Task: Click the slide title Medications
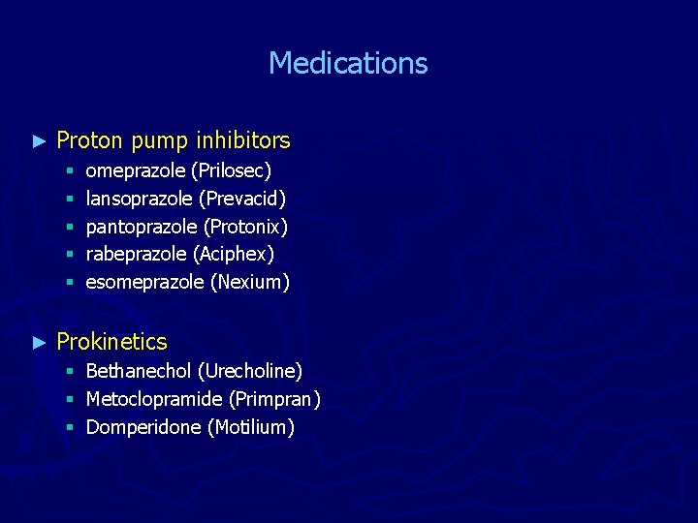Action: point(348,64)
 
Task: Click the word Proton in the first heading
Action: point(90,141)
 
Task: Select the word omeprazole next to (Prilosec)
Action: point(136,171)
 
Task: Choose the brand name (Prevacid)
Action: point(242,199)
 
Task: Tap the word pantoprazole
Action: point(142,227)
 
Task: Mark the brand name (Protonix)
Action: point(245,227)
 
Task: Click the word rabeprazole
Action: point(137,254)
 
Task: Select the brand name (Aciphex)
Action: point(234,254)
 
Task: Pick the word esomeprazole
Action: point(144,282)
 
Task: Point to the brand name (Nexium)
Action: point(250,282)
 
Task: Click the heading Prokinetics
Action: point(111,342)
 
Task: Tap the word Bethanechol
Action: point(139,371)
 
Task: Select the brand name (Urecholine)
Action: point(250,371)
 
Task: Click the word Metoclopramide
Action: point(154,399)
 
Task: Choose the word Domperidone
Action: point(143,427)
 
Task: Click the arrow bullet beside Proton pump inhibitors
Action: point(39,141)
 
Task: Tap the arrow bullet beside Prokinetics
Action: point(39,342)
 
